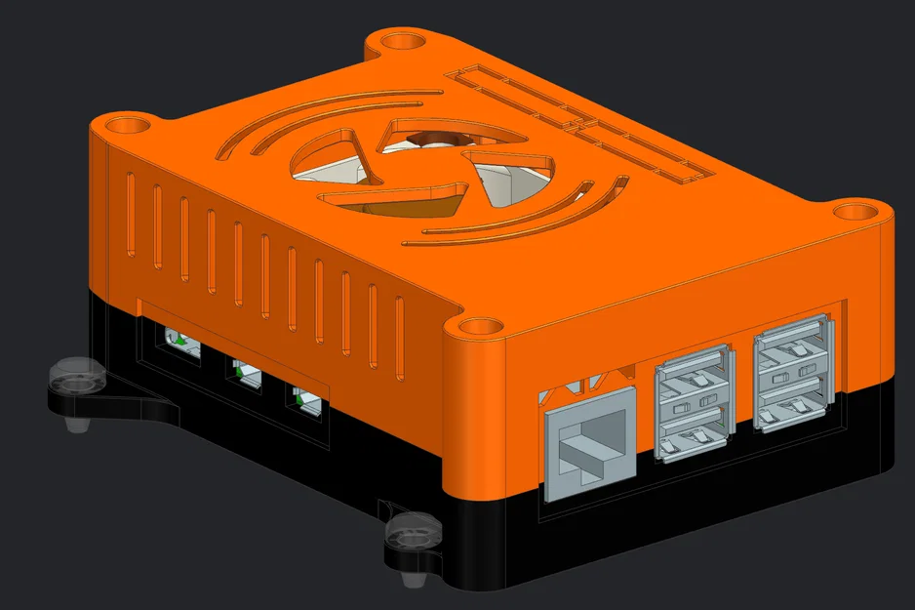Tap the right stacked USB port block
coord(793,376)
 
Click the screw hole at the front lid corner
coord(476,327)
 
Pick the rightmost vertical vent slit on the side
coord(399,337)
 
